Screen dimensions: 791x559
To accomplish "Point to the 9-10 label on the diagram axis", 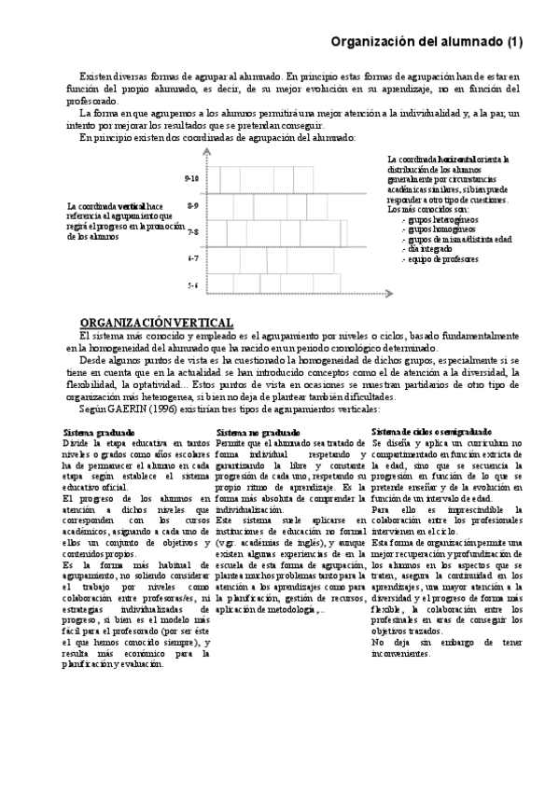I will coord(191,176).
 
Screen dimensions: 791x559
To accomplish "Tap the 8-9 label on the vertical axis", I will coord(191,203).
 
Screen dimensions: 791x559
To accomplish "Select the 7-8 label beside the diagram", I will coord(191,230).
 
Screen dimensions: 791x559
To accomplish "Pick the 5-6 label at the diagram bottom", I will coord(191,284).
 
